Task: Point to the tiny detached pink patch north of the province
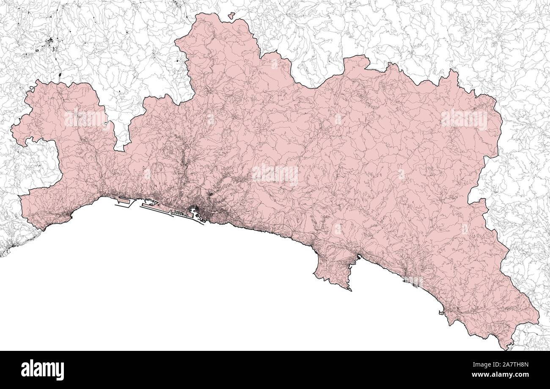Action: pos(231,16)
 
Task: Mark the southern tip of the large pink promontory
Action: pos(349,290)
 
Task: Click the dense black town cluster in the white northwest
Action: pos(50,42)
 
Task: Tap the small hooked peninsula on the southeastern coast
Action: pos(442,313)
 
